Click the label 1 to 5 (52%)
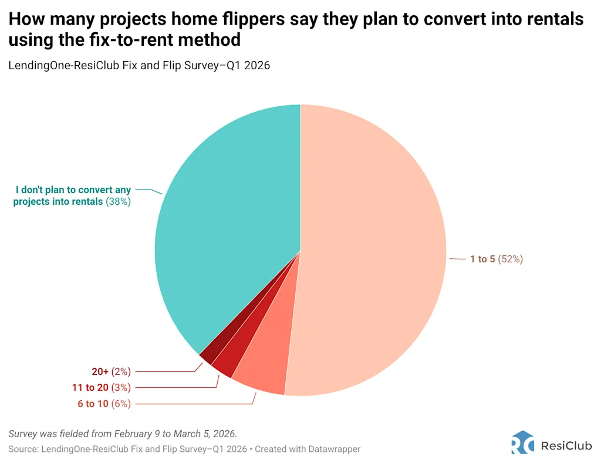click(x=496, y=259)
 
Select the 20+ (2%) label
click(x=111, y=371)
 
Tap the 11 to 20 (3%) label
click(x=102, y=387)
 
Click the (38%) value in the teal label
click(x=118, y=201)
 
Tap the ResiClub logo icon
click(x=522, y=442)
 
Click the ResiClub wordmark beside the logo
click(x=566, y=442)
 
